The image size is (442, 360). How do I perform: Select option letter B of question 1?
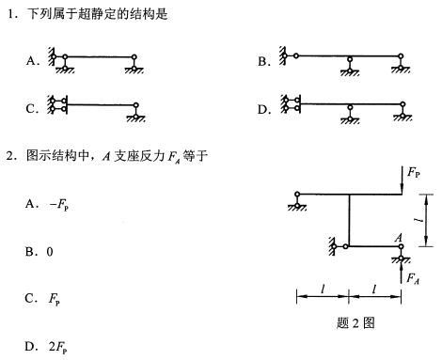(x=263, y=62)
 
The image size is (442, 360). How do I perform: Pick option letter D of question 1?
(x=263, y=108)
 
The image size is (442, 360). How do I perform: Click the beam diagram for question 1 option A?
(x=98, y=60)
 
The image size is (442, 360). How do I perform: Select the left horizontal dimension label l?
(x=322, y=288)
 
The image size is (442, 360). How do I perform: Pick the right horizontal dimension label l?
(x=374, y=288)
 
